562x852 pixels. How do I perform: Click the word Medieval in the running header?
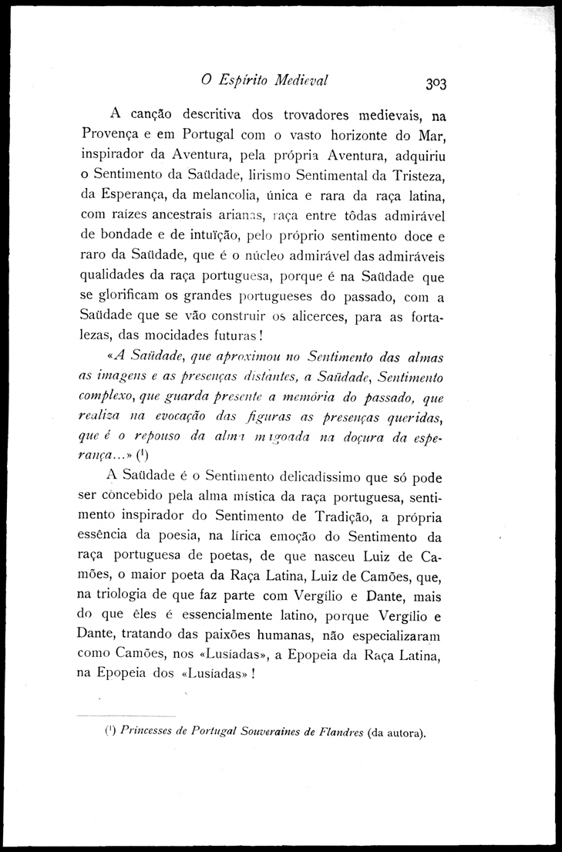point(298,79)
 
